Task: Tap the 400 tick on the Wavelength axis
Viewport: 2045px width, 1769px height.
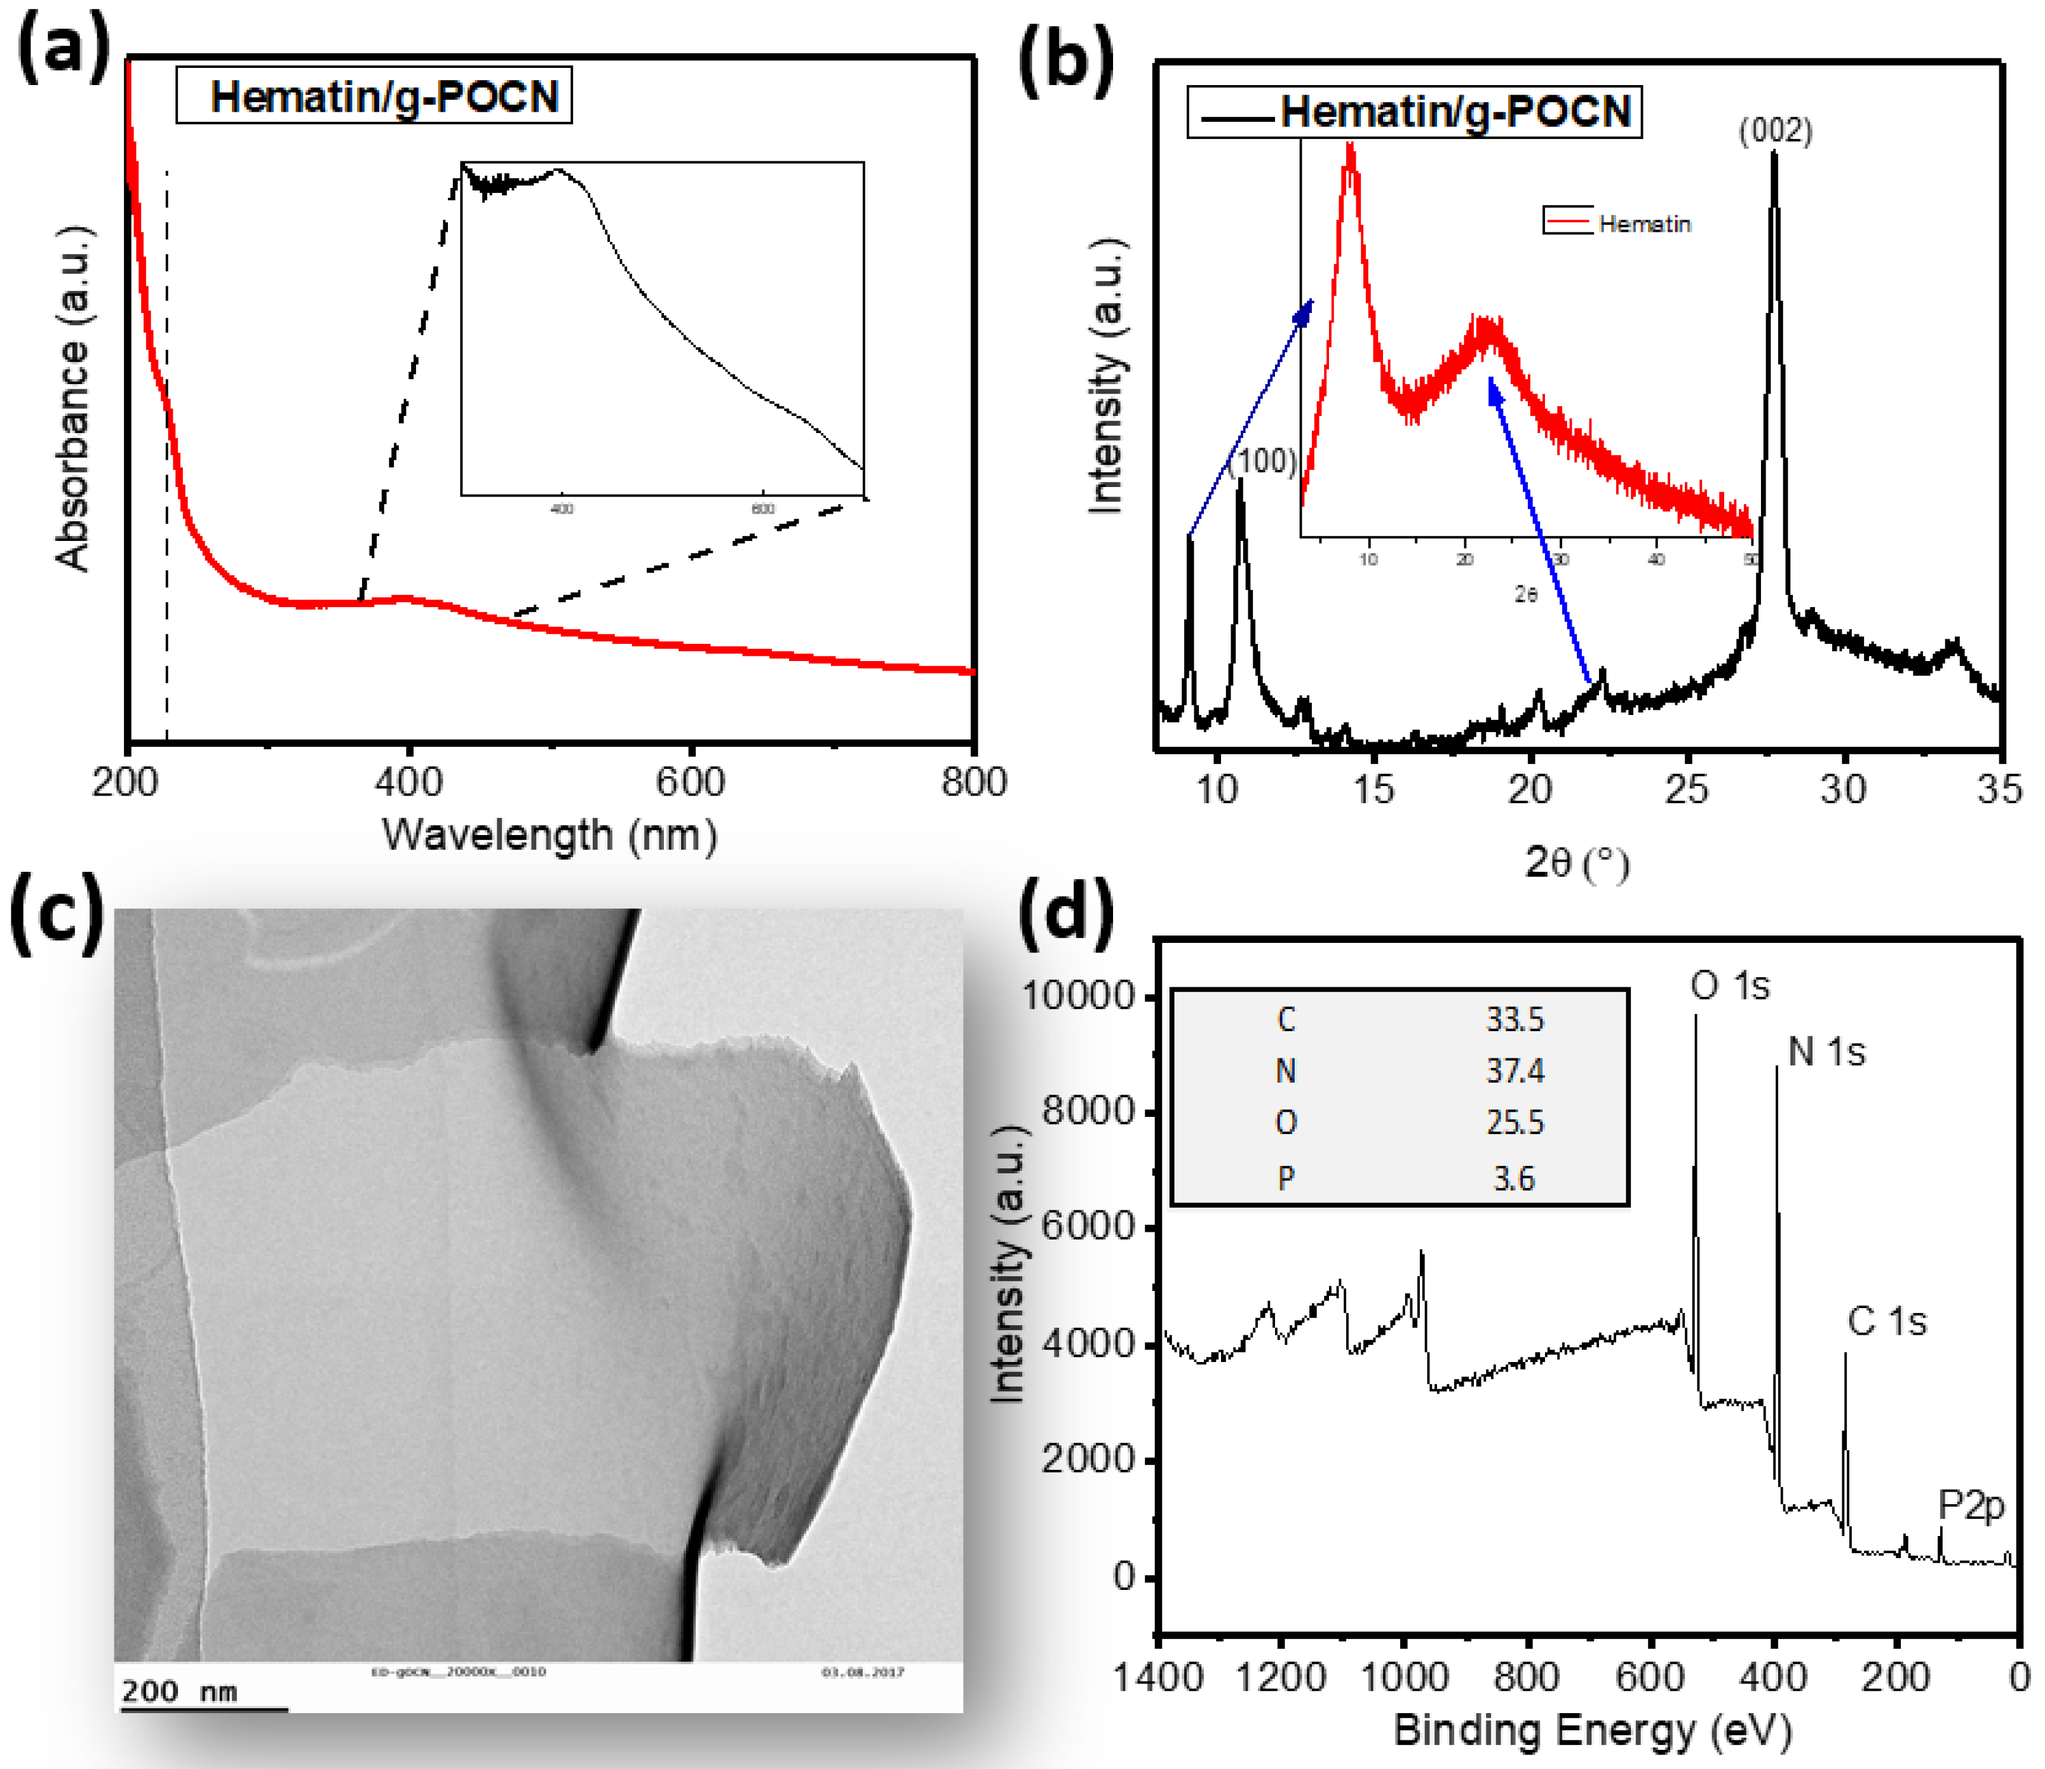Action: tap(408, 784)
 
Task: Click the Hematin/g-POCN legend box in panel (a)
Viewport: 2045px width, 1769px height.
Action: tap(374, 97)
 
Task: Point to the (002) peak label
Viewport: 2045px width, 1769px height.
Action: tap(1774, 131)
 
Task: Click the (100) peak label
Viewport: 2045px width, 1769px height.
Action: tap(1261, 461)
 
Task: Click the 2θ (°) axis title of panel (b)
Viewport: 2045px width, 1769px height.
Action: tap(1576, 864)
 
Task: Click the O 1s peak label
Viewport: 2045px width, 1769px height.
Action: tap(1730, 985)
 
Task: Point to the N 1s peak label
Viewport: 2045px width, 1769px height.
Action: tap(1826, 1052)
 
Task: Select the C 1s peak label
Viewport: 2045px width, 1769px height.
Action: tap(1886, 1321)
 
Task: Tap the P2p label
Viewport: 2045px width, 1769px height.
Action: tap(1971, 1504)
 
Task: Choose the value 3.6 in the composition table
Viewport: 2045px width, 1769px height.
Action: tap(1514, 1178)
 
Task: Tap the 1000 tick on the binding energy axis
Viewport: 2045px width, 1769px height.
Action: tap(1404, 1677)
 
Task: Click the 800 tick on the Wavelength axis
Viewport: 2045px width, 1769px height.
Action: tap(974, 784)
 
